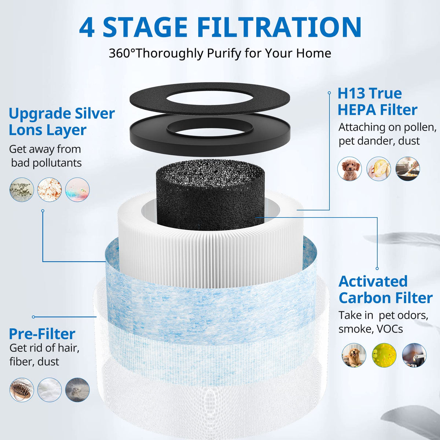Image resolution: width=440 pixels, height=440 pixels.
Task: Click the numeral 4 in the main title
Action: pos(87,27)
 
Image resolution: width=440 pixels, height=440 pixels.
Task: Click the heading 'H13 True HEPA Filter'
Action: pos(377,102)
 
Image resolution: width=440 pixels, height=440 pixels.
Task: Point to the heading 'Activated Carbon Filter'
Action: pos(385,290)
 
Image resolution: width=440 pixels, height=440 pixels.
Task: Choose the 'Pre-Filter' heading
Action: pos(42,334)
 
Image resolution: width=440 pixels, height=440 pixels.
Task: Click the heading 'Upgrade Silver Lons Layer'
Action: pos(62,121)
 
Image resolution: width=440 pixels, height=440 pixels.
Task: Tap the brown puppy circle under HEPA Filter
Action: pos(349,169)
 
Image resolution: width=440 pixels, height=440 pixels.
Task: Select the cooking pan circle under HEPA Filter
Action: pos(408,169)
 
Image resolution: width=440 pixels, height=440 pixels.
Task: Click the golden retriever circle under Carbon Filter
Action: pos(354,355)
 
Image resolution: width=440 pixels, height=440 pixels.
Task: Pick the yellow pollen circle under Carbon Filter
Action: pos(384,355)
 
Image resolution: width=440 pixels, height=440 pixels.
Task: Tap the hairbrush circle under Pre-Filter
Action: pos(22,389)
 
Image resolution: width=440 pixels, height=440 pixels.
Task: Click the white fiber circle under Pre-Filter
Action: pos(49,389)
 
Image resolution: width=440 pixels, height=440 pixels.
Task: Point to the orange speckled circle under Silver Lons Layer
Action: pos(49,190)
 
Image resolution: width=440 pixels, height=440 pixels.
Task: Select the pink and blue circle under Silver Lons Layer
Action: pos(77,190)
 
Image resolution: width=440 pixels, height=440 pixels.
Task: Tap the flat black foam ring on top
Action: pos(209,99)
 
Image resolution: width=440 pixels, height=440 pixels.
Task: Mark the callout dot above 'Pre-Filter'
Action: pos(34,317)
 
